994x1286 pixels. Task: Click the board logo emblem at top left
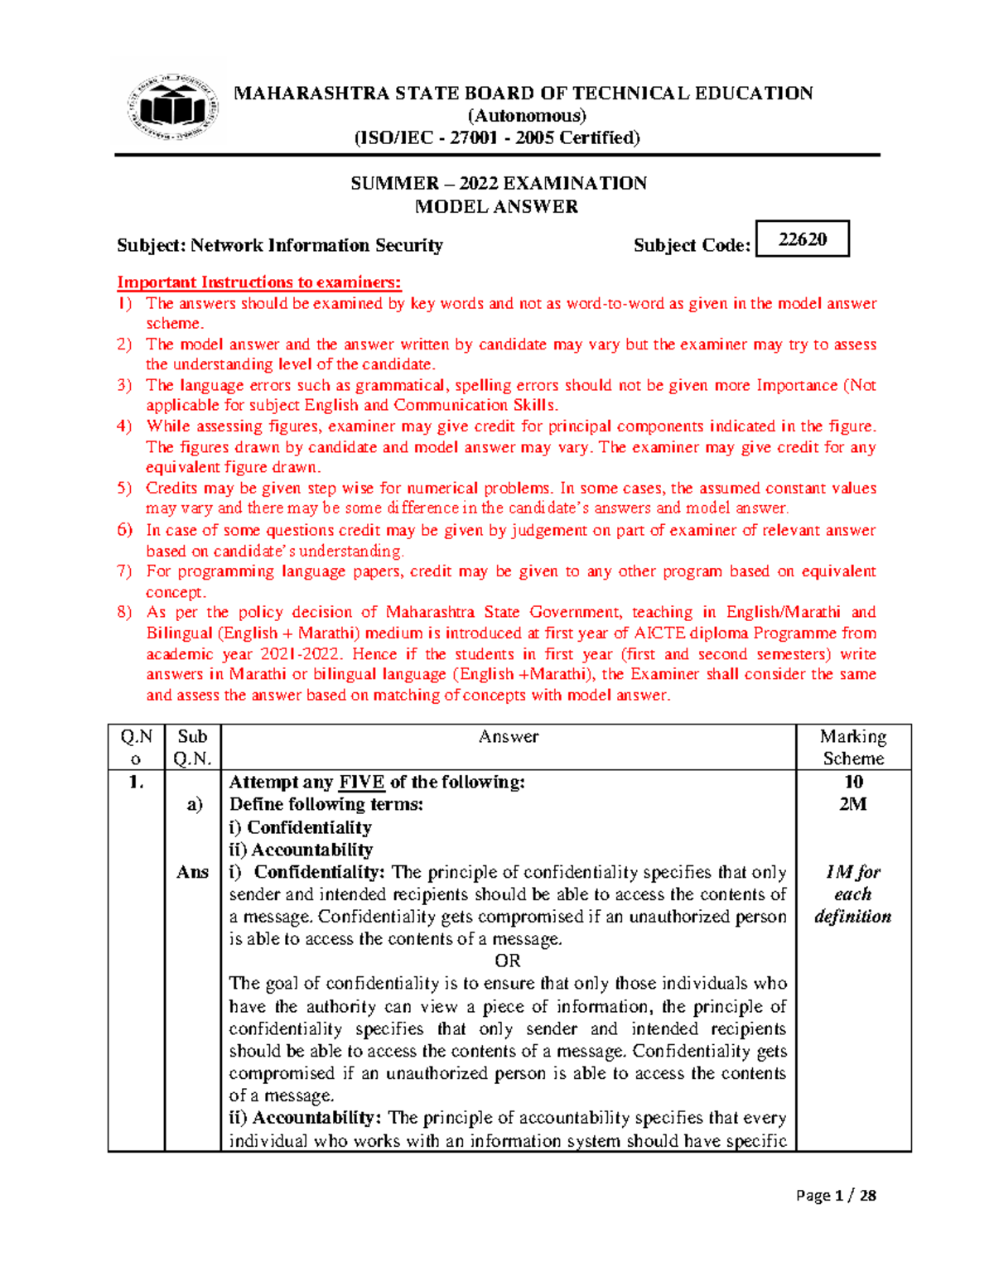(172, 108)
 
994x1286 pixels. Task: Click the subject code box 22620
(803, 239)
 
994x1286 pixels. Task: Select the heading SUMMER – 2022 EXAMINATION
(498, 183)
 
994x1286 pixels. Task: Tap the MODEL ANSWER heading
(496, 207)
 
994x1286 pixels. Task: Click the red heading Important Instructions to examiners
(258, 282)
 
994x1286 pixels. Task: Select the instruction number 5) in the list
(124, 489)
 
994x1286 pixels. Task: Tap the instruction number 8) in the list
(124, 613)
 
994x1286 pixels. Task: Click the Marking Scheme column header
(853, 747)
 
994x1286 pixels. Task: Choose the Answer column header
(509, 737)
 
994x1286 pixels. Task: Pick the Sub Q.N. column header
(192, 747)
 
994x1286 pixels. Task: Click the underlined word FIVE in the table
(361, 782)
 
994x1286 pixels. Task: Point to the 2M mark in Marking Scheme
(852, 804)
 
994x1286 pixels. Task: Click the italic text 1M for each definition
(852, 894)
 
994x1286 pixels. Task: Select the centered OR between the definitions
(508, 961)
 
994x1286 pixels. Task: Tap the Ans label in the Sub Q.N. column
(192, 872)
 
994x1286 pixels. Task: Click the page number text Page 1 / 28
(835, 1195)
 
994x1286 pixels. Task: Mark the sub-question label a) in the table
(194, 804)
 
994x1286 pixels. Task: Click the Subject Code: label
(692, 245)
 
